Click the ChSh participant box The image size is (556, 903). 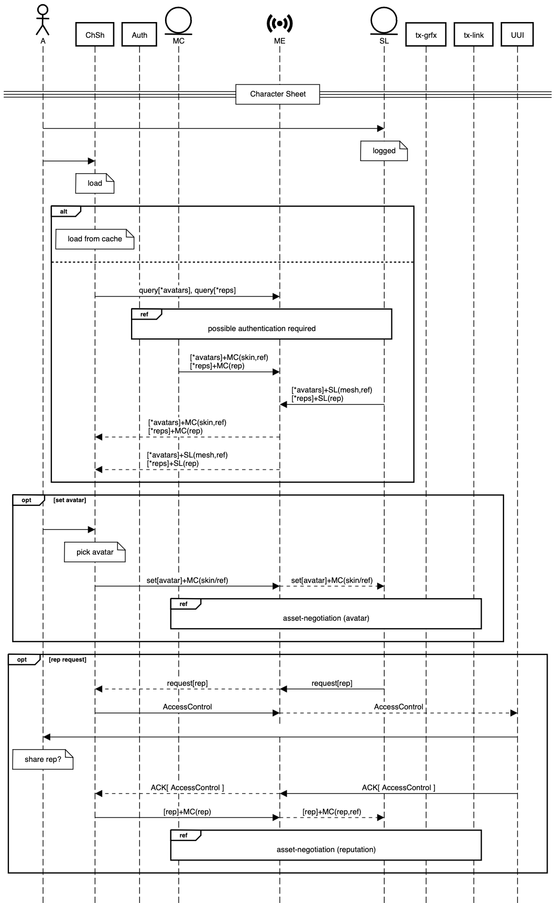(95, 35)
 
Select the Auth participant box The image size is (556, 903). (139, 35)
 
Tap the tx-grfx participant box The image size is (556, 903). (426, 35)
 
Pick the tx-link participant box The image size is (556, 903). (474, 35)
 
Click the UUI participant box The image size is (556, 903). (517, 35)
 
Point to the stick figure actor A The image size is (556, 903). (42, 20)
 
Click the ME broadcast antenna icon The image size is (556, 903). (280, 24)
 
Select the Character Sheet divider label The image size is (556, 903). (278, 94)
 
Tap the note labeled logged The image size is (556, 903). (384, 151)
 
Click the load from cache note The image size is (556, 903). (95, 239)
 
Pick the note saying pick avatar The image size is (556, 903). (95, 552)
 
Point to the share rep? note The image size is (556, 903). (43, 759)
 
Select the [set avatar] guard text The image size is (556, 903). (70, 500)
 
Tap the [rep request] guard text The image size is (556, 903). (68, 660)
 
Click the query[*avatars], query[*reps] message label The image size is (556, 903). (187, 290)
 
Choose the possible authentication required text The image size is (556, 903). (261, 328)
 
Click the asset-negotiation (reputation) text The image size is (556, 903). (326, 849)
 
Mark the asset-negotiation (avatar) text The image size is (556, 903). (326, 618)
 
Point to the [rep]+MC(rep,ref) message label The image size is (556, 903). (332, 812)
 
